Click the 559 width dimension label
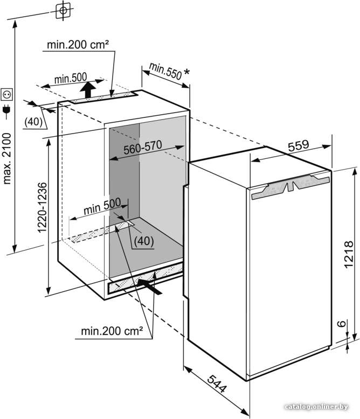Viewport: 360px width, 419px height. [x=298, y=145]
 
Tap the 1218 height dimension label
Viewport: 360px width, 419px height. [x=349, y=254]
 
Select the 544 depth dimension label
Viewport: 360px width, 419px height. [x=217, y=384]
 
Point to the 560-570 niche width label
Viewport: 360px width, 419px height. [x=143, y=147]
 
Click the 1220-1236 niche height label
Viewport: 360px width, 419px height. [x=42, y=208]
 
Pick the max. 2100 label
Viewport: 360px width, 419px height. [x=7, y=159]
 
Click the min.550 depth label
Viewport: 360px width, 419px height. [x=165, y=71]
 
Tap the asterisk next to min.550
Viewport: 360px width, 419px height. [x=187, y=72]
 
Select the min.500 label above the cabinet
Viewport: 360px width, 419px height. [x=71, y=78]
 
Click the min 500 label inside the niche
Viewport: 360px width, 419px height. [x=102, y=207]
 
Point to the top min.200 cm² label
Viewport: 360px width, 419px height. [x=78, y=45]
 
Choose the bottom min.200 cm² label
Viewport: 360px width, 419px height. [x=112, y=331]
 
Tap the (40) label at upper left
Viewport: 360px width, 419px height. [x=33, y=122]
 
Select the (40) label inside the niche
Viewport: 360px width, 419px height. [x=144, y=241]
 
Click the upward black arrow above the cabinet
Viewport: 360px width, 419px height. [x=88, y=90]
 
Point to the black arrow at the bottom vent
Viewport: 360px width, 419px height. [x=150, y=287]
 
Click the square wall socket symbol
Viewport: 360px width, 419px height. [x=7, y=94]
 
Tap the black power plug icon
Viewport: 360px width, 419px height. [x=6, y=110]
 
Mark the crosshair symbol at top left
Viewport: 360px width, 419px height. [x=63, y=10]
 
